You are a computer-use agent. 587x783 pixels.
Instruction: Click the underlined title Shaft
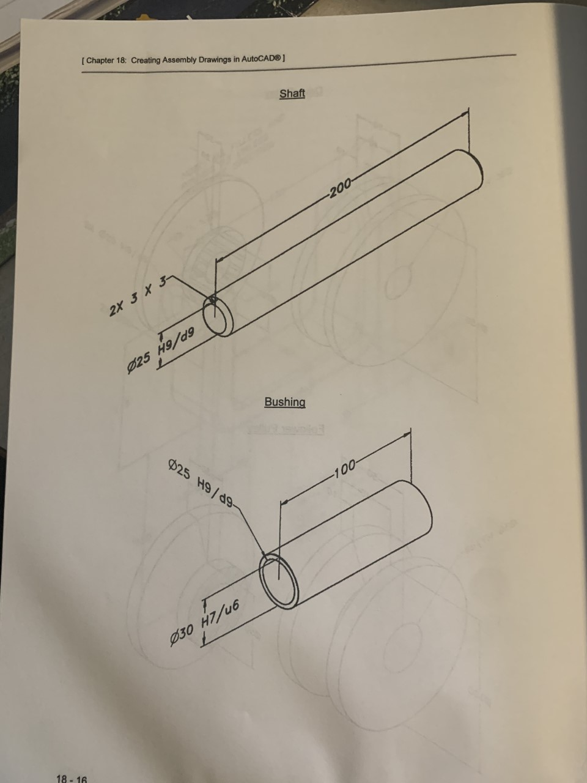click(x=292, y=94)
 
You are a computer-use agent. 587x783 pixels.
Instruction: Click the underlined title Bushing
click(x=284, y=402)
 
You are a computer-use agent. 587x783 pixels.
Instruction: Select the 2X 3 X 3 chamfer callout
click(x=138, y=297)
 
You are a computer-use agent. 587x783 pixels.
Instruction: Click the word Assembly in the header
click(x=179, y=60)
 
